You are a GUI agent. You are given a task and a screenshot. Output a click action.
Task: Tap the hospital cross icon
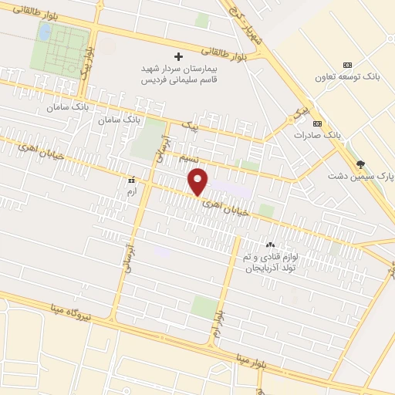pos(179,56)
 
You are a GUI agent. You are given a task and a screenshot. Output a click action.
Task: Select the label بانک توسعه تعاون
pos(347,78)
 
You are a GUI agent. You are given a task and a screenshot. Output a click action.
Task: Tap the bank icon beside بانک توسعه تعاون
pos(347,65)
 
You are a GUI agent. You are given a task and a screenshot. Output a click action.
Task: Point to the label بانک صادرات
pos(317,135)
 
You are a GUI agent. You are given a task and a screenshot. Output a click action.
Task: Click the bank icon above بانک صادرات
pos(317,123)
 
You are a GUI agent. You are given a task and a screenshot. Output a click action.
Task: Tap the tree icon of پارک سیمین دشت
pos(360,164)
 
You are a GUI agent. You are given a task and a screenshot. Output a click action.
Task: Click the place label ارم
pos(131,189)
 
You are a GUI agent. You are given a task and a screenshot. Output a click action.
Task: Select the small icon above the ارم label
pos(131,179)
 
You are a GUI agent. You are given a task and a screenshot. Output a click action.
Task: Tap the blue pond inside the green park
pos(46,32)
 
